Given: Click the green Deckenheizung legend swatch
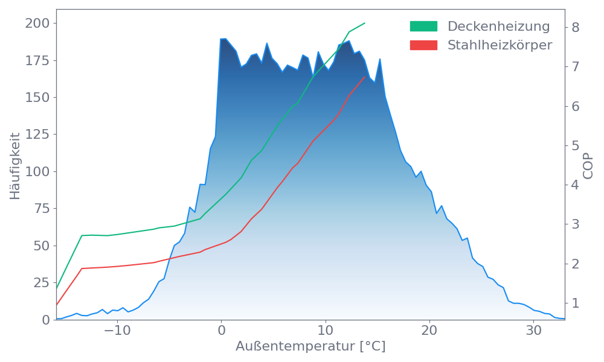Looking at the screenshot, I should [x=423, y=27].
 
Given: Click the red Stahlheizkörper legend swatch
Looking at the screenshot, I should [x=423, y=45].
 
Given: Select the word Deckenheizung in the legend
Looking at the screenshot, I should [x=498, y=27].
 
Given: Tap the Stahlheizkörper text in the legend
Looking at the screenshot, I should [x=500, y=45].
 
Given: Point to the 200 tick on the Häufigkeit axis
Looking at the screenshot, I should [x=37, y=24].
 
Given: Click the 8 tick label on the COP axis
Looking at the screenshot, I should [x=576, y=27].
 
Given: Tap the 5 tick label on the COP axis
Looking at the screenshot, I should [x=576, y=145].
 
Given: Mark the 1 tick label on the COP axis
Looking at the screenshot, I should [x=576, y=303].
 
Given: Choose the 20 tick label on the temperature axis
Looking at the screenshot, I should [x=429, y=331].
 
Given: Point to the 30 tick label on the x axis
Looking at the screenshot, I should [x=533, y=331].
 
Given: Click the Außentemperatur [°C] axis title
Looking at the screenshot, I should [x=310, y=347].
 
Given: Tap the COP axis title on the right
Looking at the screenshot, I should [x=589, y=165].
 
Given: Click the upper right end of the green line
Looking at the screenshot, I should [x=365, y=24].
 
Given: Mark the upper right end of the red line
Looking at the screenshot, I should [x=365, y=77].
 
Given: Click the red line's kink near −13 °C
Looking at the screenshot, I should [x=82, y=268].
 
